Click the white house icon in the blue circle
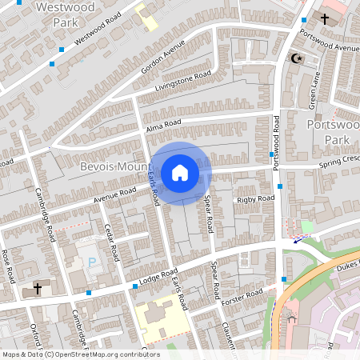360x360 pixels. pyautogui.click(x=180, y=172)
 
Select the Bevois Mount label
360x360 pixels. pyautogui.click(x=115, y=166)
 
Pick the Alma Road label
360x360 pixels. pyautogui.click(x=163, y=126)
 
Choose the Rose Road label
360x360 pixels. pyautogui.click(x=9, y=265)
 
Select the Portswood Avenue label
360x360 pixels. pyautogui.click(x=330, y=42)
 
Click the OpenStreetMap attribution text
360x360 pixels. pyautogui.click(x=80, y=354)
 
